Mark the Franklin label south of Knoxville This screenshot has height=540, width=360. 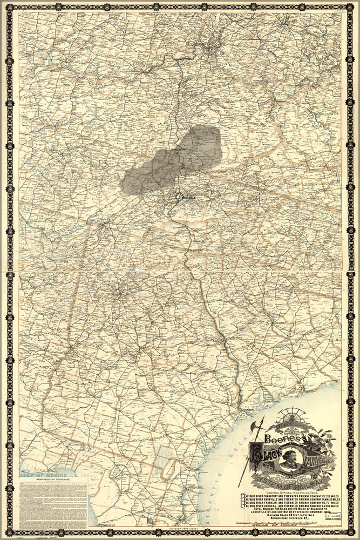pos(200,242)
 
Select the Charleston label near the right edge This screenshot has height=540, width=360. pos(324,115)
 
